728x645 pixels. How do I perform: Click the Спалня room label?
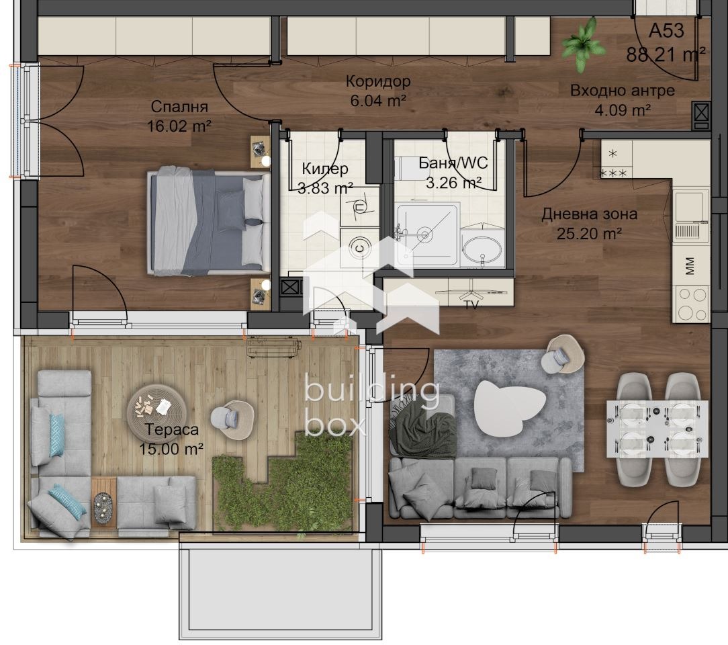179,107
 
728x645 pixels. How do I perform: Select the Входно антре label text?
622,91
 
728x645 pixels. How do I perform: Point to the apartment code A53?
666,31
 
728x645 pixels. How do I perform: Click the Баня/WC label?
453,163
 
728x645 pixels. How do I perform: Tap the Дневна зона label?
589,215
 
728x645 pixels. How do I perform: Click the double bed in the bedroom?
208,222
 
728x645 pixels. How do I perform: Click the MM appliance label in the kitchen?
690,267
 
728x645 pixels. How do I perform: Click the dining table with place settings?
657,429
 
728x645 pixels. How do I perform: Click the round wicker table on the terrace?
156,407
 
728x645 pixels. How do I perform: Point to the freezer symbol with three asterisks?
613,173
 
